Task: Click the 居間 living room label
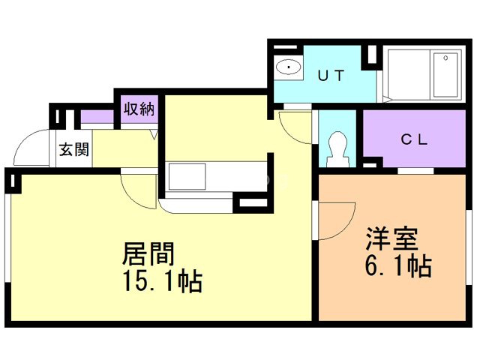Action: (149, 253)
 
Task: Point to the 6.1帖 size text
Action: (397, 265)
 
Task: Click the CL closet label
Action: (414, 139)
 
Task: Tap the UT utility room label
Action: (331, 74)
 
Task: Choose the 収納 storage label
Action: (139, 108)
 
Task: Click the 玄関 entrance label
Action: (73, 148)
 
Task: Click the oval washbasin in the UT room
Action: (288, 68)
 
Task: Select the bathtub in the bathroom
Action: (423, 74)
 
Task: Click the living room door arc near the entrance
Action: (137, 191)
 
